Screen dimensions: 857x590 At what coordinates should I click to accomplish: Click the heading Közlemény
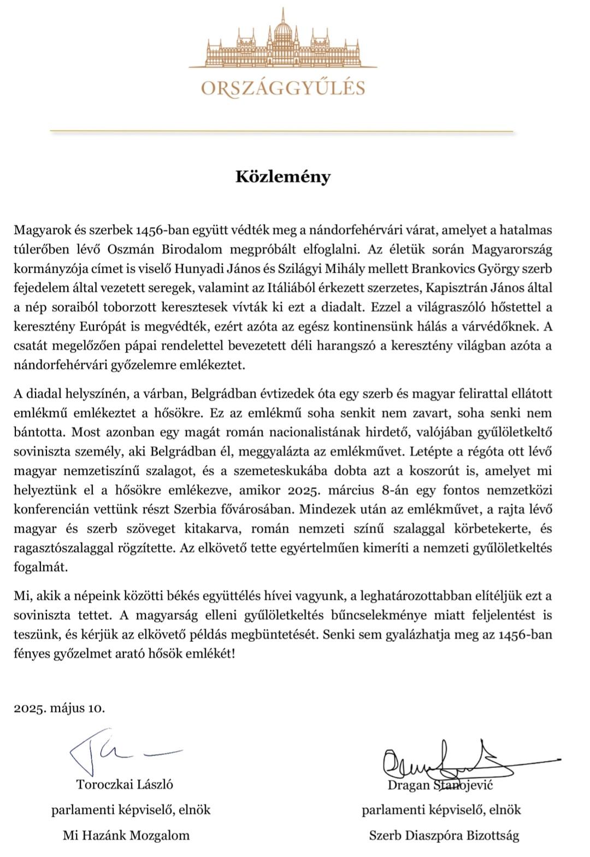pyautogui.click(x=283, y=177)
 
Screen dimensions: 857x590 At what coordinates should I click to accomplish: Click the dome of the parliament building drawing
pyautogui.click(x=282, y=33)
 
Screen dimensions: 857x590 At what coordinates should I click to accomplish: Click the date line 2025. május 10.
pyautogui.click(x=59, y=709)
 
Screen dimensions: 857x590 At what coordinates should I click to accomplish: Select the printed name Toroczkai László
pyautogui.click(x=125, y=784)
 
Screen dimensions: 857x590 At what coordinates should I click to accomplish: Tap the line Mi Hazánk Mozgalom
pyautogui.click(x=126, y=835)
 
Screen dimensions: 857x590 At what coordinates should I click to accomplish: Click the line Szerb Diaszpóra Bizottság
pyautogui.click(x=444, y=835)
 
